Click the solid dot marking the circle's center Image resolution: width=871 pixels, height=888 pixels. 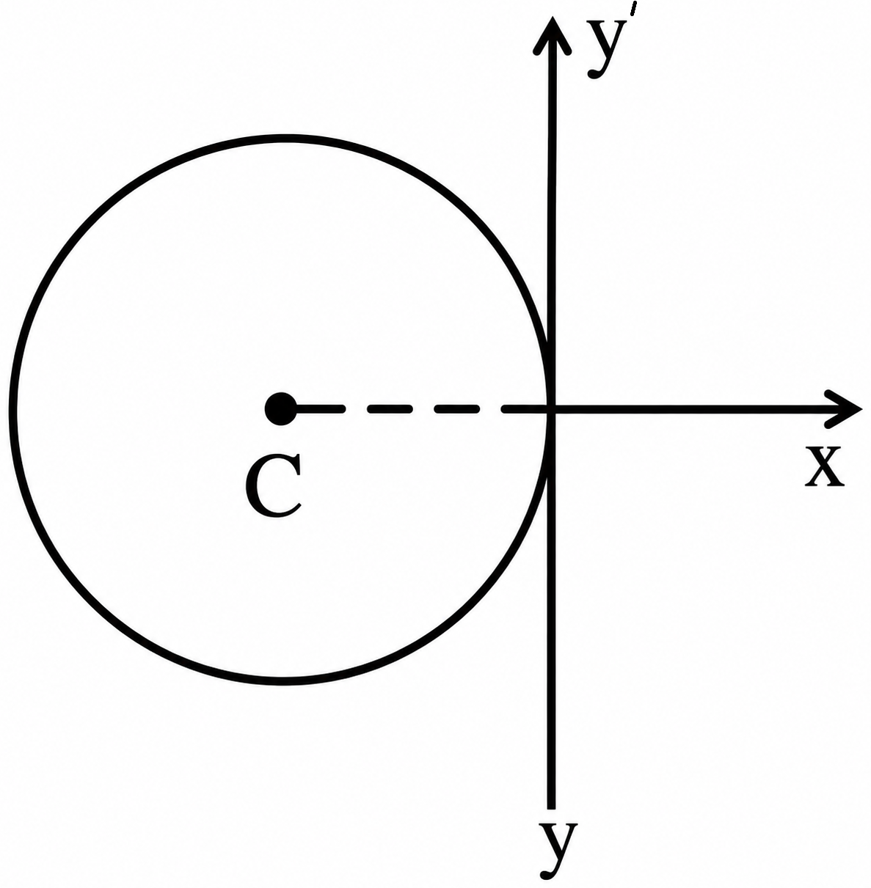tap(280, 408)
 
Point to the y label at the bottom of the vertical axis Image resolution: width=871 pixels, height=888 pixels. tap(558, 851)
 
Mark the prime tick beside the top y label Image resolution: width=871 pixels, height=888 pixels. tap(634, 8)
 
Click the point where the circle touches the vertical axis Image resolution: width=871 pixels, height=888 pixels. tap(550, 408)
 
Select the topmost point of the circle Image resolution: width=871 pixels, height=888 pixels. tap(283, 139)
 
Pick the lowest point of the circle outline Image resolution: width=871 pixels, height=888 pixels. tap(283, 681)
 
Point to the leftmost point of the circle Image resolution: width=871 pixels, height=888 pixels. tap(14, 409)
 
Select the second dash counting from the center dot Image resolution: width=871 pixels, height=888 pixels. tap(390, 408)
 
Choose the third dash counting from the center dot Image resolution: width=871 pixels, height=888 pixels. tap(457, 408)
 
